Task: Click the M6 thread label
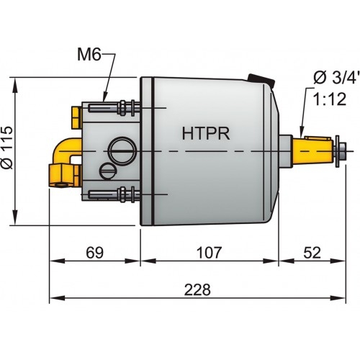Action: pos(92,54)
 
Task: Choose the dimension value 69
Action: pos(95,253)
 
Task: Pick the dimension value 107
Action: pos(209,253)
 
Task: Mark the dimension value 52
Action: pos(312,253)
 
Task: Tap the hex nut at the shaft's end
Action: pos(343,150)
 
